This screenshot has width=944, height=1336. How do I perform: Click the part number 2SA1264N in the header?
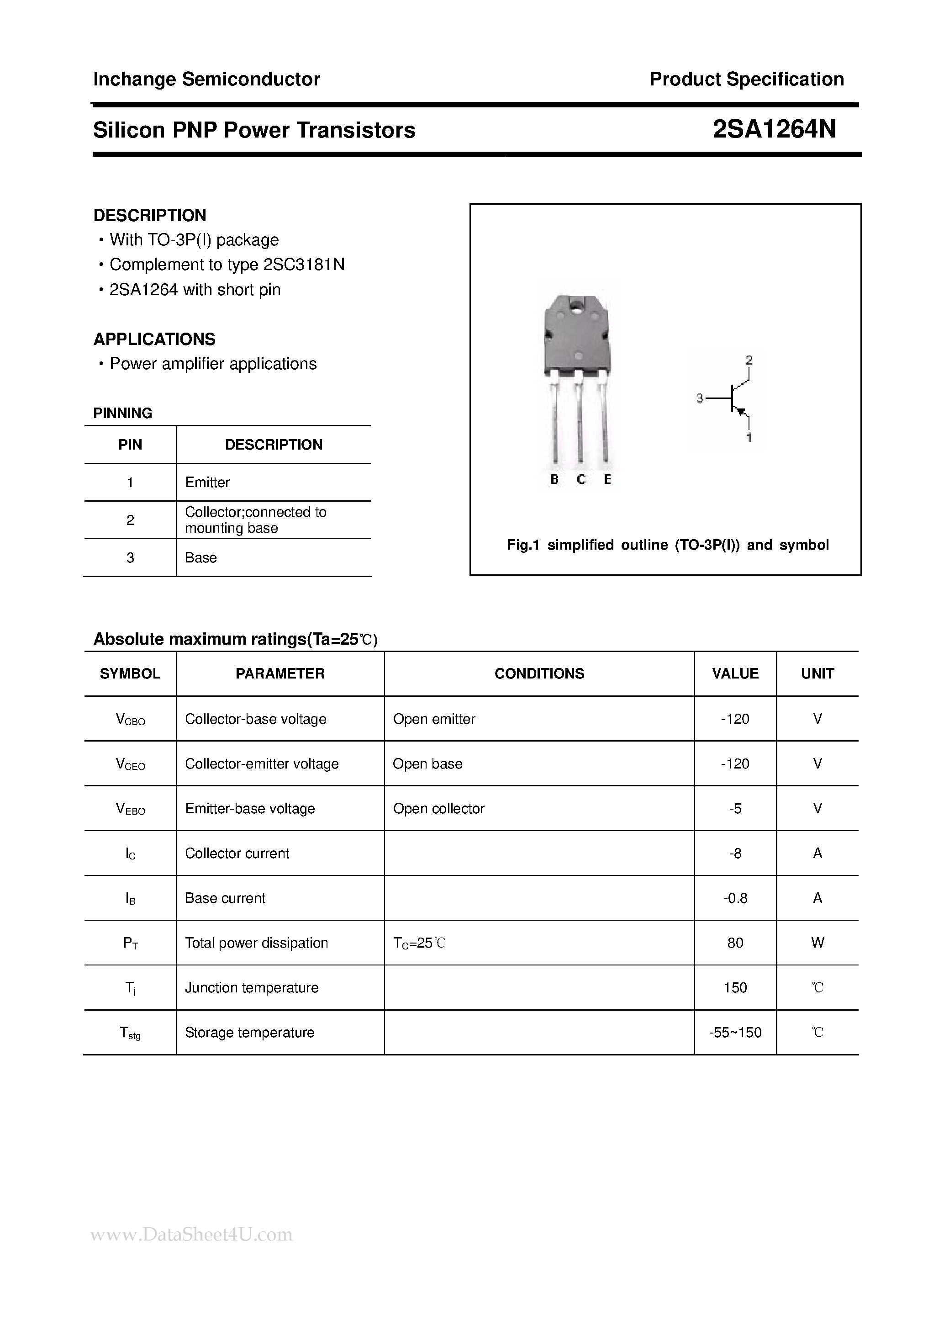point(774,130)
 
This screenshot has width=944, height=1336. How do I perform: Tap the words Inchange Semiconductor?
point(206,79)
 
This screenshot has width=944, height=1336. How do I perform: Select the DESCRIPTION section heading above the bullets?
point(149,215)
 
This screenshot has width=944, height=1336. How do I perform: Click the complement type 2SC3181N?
point(304,265)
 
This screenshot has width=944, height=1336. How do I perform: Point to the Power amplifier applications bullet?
point(213,364)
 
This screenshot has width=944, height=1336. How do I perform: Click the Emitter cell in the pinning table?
point(207,482)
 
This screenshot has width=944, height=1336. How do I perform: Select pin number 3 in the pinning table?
point(130,558)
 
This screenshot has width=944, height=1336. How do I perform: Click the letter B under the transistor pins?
point(554,479)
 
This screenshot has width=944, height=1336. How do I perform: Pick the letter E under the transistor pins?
point(607,479)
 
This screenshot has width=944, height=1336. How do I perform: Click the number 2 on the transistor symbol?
point(749,360)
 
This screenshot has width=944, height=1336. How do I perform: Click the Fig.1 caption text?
point(667,545)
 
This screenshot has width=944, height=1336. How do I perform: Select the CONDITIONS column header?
point(539,674)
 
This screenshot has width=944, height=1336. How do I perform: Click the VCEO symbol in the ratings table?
point(130,764)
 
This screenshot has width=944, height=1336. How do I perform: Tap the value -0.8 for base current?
point(735,898)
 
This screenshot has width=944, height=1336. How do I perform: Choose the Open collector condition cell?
point(438,809)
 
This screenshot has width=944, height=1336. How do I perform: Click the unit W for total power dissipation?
point(817,943)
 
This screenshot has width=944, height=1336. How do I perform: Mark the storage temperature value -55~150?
point(735,1033)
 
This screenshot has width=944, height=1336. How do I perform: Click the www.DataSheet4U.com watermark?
point(192,1235)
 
